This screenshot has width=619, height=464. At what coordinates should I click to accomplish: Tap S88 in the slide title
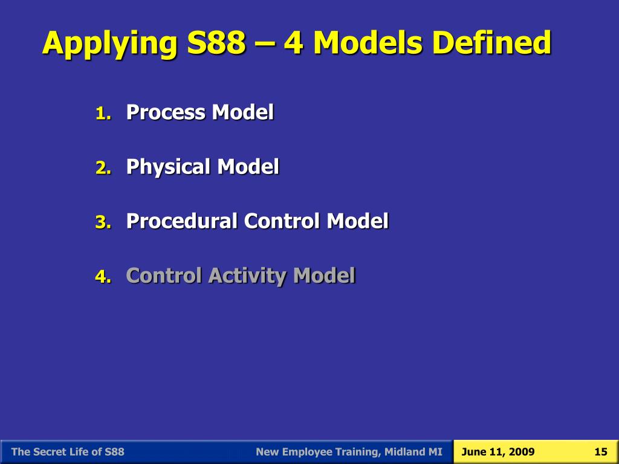click(213, 43)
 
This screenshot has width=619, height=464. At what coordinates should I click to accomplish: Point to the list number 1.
click(102, 114)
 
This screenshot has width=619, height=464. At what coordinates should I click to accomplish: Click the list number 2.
click(102, 168)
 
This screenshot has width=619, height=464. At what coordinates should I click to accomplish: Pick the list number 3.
click(102, 222)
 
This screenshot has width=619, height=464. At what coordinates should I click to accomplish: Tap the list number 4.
click(102, 277)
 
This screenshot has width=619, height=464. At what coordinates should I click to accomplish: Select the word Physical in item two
click(169, 167)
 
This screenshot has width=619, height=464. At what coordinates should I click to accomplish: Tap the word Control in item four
click(164, 275)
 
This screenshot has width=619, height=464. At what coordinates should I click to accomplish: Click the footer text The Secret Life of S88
click(68, 452)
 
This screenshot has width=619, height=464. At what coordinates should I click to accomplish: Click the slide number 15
click(600, 452)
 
